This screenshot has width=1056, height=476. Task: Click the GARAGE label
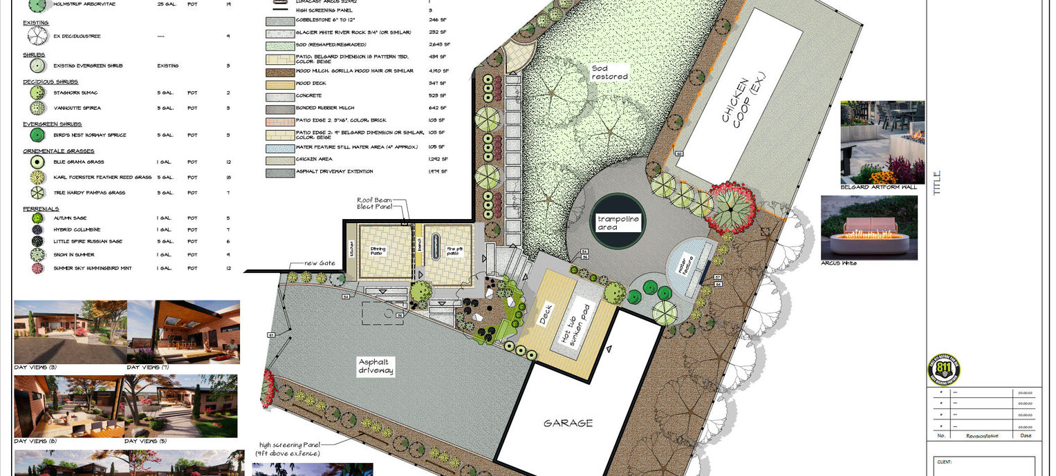point(568,423)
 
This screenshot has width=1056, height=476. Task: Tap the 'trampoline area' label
point(618,222)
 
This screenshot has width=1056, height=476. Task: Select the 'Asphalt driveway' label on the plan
point(376,366)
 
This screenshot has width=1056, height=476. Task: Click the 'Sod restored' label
point(609,72)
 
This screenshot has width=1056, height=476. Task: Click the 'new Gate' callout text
point(319,263)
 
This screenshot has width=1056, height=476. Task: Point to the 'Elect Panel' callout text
point(374,207)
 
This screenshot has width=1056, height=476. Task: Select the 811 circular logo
point(943,370)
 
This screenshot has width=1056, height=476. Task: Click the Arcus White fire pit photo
point(869,227)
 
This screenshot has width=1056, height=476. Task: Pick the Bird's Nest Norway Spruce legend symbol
point(37,135)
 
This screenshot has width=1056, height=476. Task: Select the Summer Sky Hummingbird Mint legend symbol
point(37,268)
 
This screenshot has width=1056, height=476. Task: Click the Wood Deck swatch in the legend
point(278,83)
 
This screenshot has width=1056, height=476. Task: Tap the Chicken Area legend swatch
point(278,160)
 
